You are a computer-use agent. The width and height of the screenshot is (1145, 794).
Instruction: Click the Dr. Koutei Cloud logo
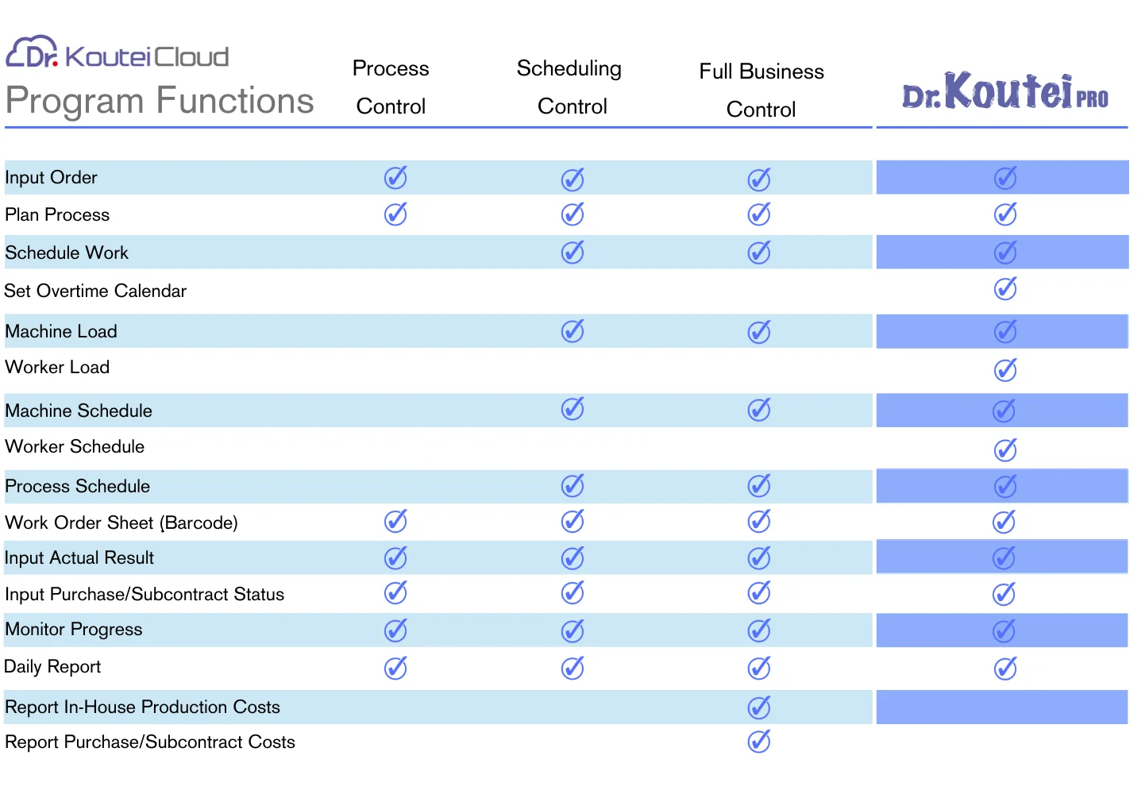click(x=117, y=52)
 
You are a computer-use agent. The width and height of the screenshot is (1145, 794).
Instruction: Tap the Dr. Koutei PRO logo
click(x=1005, y=91)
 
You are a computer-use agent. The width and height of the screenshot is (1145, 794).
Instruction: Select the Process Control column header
click(x=391, y=87)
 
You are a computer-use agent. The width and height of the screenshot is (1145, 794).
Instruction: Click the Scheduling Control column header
click(x=569, y=87)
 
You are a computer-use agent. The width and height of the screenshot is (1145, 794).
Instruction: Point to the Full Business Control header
click(x=761, y=90)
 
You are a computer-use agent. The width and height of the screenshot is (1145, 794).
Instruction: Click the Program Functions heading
click(x=160, y=100)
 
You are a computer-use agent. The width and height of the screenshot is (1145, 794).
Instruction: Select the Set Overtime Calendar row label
click(x=95, y=291)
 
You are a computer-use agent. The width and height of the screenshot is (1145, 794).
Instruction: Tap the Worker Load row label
click(x=57, y=367)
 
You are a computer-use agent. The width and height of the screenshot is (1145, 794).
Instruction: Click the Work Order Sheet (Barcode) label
click(x=121, y=522)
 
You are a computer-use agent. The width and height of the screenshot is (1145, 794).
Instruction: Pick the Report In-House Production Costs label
click(x=143, y=707)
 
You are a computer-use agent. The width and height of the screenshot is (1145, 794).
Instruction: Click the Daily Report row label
click(x=52, y=667)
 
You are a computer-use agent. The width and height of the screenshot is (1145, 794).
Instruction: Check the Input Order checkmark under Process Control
click(x=395, y=177)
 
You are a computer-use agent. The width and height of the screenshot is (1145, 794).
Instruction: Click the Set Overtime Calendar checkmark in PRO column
click(x=1005, y=289)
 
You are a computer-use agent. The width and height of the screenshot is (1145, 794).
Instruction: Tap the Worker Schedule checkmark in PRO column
click(x=1005, y=450)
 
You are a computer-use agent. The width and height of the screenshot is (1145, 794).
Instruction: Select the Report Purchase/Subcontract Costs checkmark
click(x=759, y=742)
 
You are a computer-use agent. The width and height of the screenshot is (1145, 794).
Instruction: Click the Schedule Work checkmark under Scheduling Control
click(x=572, y=252)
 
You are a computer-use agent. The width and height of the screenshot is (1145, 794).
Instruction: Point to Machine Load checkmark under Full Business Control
click(x=759, y=332)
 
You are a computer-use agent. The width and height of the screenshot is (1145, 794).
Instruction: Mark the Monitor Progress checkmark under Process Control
click(x=395, y=630)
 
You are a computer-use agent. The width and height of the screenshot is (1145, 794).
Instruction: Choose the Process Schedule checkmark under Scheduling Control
click(x=572, y=486)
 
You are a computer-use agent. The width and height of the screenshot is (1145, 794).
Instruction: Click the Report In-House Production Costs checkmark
click(x=759, y=707)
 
